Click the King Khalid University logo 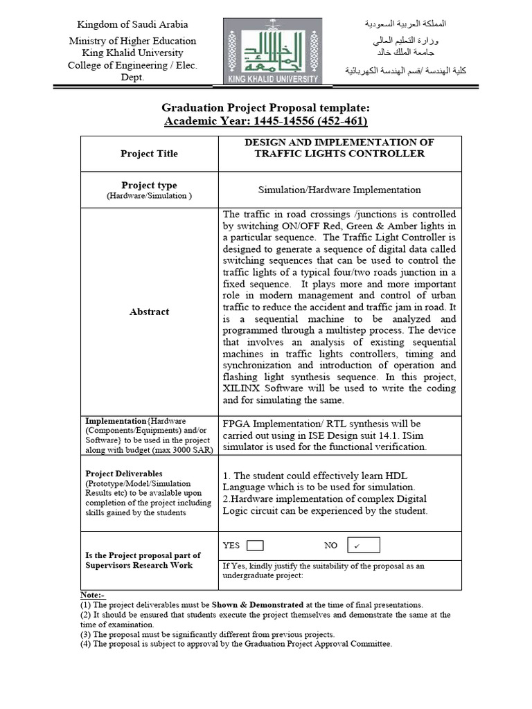coord(272,51)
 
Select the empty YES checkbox coord(254,546)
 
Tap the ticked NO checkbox coord(364,546)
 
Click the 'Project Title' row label coord(149,154)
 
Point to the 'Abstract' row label coord(149,312)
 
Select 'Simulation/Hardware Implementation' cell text coord(339,189)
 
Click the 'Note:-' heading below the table coord(94,595)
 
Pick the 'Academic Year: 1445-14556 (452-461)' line coord(266,121)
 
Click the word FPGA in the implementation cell coord(237,424)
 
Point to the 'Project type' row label coord(149,185)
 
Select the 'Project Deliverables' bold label coord(124,474)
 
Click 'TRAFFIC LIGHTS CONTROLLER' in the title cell coord(339,154)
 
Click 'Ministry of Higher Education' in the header coord(132,41)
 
